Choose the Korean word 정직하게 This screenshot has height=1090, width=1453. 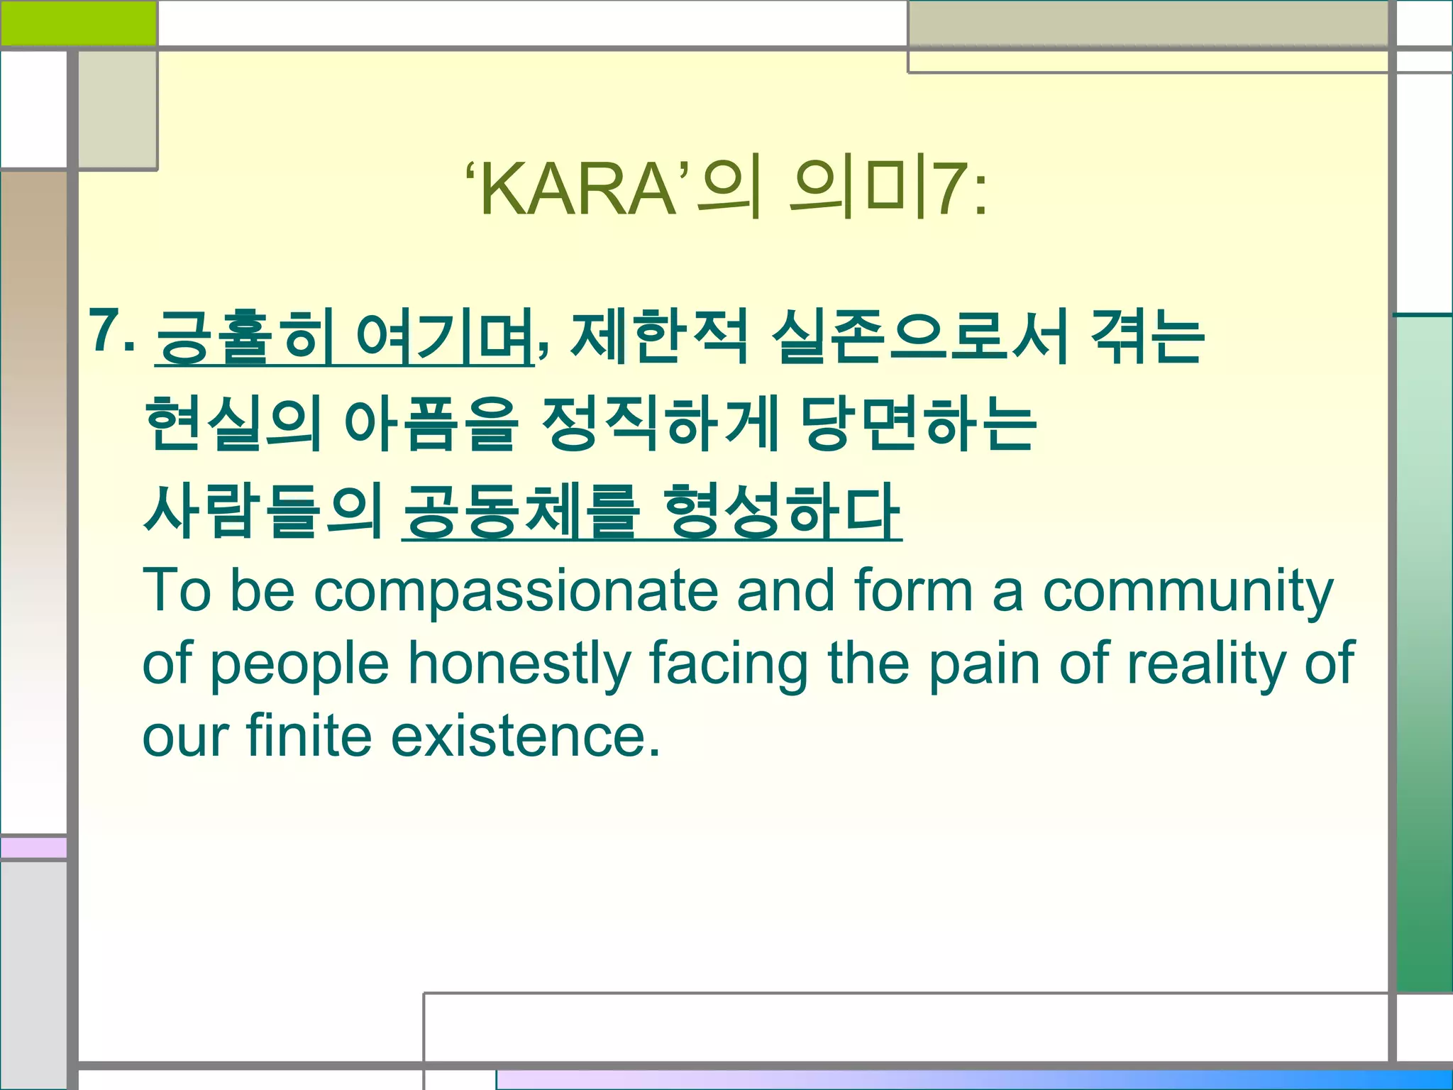(661, 424)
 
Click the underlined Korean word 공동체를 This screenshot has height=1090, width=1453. (521, 510)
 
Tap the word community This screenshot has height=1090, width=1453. (1188, 590)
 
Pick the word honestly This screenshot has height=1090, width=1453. (519, 664)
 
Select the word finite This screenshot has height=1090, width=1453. (309, 736)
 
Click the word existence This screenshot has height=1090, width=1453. (526, 736)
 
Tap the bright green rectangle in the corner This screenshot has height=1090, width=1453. (78, 23)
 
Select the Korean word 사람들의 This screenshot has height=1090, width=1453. (263, 510)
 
